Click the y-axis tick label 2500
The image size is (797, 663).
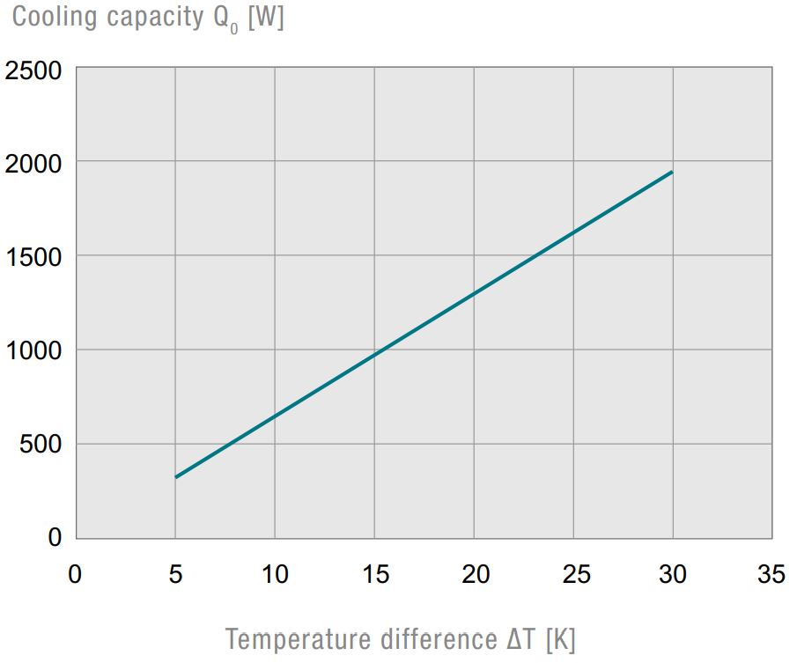(33, 70)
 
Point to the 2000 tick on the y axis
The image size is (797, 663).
(33, 164)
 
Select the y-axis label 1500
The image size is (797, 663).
(33, 257)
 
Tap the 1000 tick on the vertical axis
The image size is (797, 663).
(33, 351)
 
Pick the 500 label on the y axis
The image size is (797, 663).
(41, 445)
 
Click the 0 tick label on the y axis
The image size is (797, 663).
(55, 537)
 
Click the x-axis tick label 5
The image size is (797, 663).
(175, 575)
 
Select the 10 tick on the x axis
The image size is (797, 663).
(275, 575)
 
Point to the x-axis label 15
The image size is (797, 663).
(375, 575)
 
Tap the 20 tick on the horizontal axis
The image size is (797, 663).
(475, 575)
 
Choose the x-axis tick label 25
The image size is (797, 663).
(574, 575)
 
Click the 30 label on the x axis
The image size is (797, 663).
(674, 575)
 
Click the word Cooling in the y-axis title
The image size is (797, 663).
(53, 18)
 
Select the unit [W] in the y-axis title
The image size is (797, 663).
(266, 18)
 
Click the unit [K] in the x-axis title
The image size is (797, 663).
(559, 637)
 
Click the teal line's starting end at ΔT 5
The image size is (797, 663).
(176, 476)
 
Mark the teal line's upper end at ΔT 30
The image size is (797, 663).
(672, 172)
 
